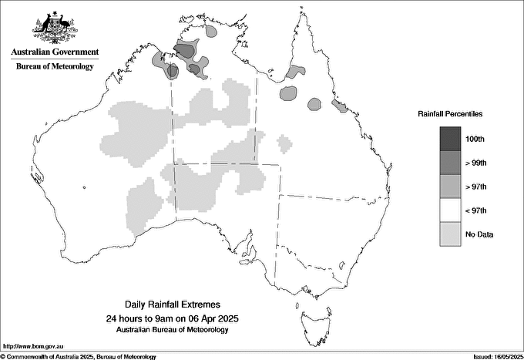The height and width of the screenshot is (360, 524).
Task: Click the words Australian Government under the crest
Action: point(55,52)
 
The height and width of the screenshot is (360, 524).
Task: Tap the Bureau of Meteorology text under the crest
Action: point(55,66)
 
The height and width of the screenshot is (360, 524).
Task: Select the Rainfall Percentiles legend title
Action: point(450,114)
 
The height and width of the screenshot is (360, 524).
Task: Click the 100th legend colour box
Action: point(451,138)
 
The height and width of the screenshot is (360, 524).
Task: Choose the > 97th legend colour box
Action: point(451,186)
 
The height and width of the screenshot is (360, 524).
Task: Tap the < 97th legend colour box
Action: point(451,210)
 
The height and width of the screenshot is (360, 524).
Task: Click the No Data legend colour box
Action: point(451,234)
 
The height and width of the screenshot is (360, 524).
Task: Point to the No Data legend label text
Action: point(480,234)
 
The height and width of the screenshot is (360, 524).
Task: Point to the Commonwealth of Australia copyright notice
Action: point(79,356)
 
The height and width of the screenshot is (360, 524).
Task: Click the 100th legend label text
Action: point(476,138)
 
